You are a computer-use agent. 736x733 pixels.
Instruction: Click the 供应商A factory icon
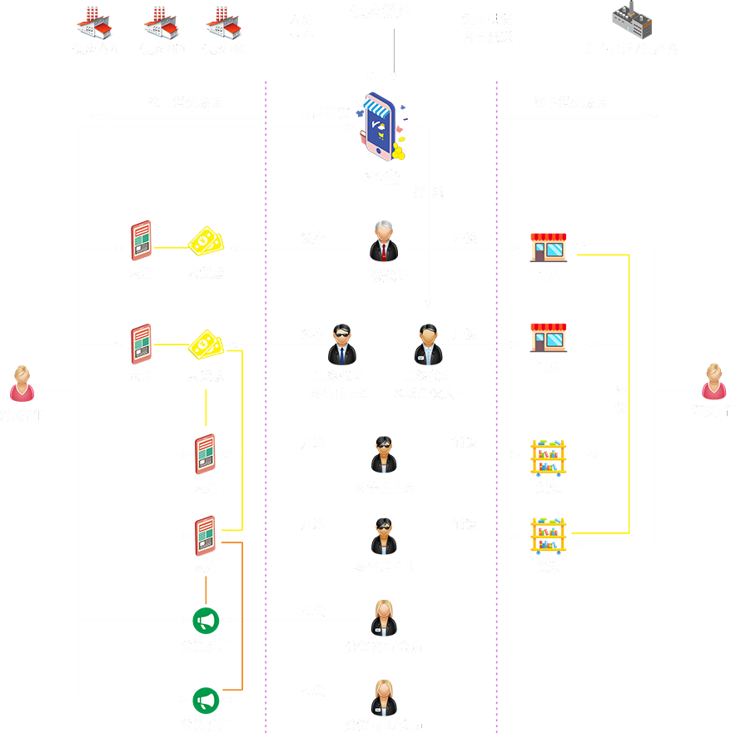click(94, 22)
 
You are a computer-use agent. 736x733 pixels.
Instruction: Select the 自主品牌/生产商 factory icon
click(631, 21)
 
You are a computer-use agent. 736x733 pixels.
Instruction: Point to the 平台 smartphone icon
click(380, 127)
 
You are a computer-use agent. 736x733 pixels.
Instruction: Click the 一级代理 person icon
click(384, 241)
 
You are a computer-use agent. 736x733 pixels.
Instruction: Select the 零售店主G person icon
click(341, 344)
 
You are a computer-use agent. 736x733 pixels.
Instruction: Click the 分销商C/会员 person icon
click(384, 617)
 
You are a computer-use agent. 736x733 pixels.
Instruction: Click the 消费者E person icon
click(21, 384)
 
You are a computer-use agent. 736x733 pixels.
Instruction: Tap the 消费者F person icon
click(714, 381)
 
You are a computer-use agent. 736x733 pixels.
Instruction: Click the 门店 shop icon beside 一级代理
click(549, 247)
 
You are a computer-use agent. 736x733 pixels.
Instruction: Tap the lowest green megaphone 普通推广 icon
click(206, 700)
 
